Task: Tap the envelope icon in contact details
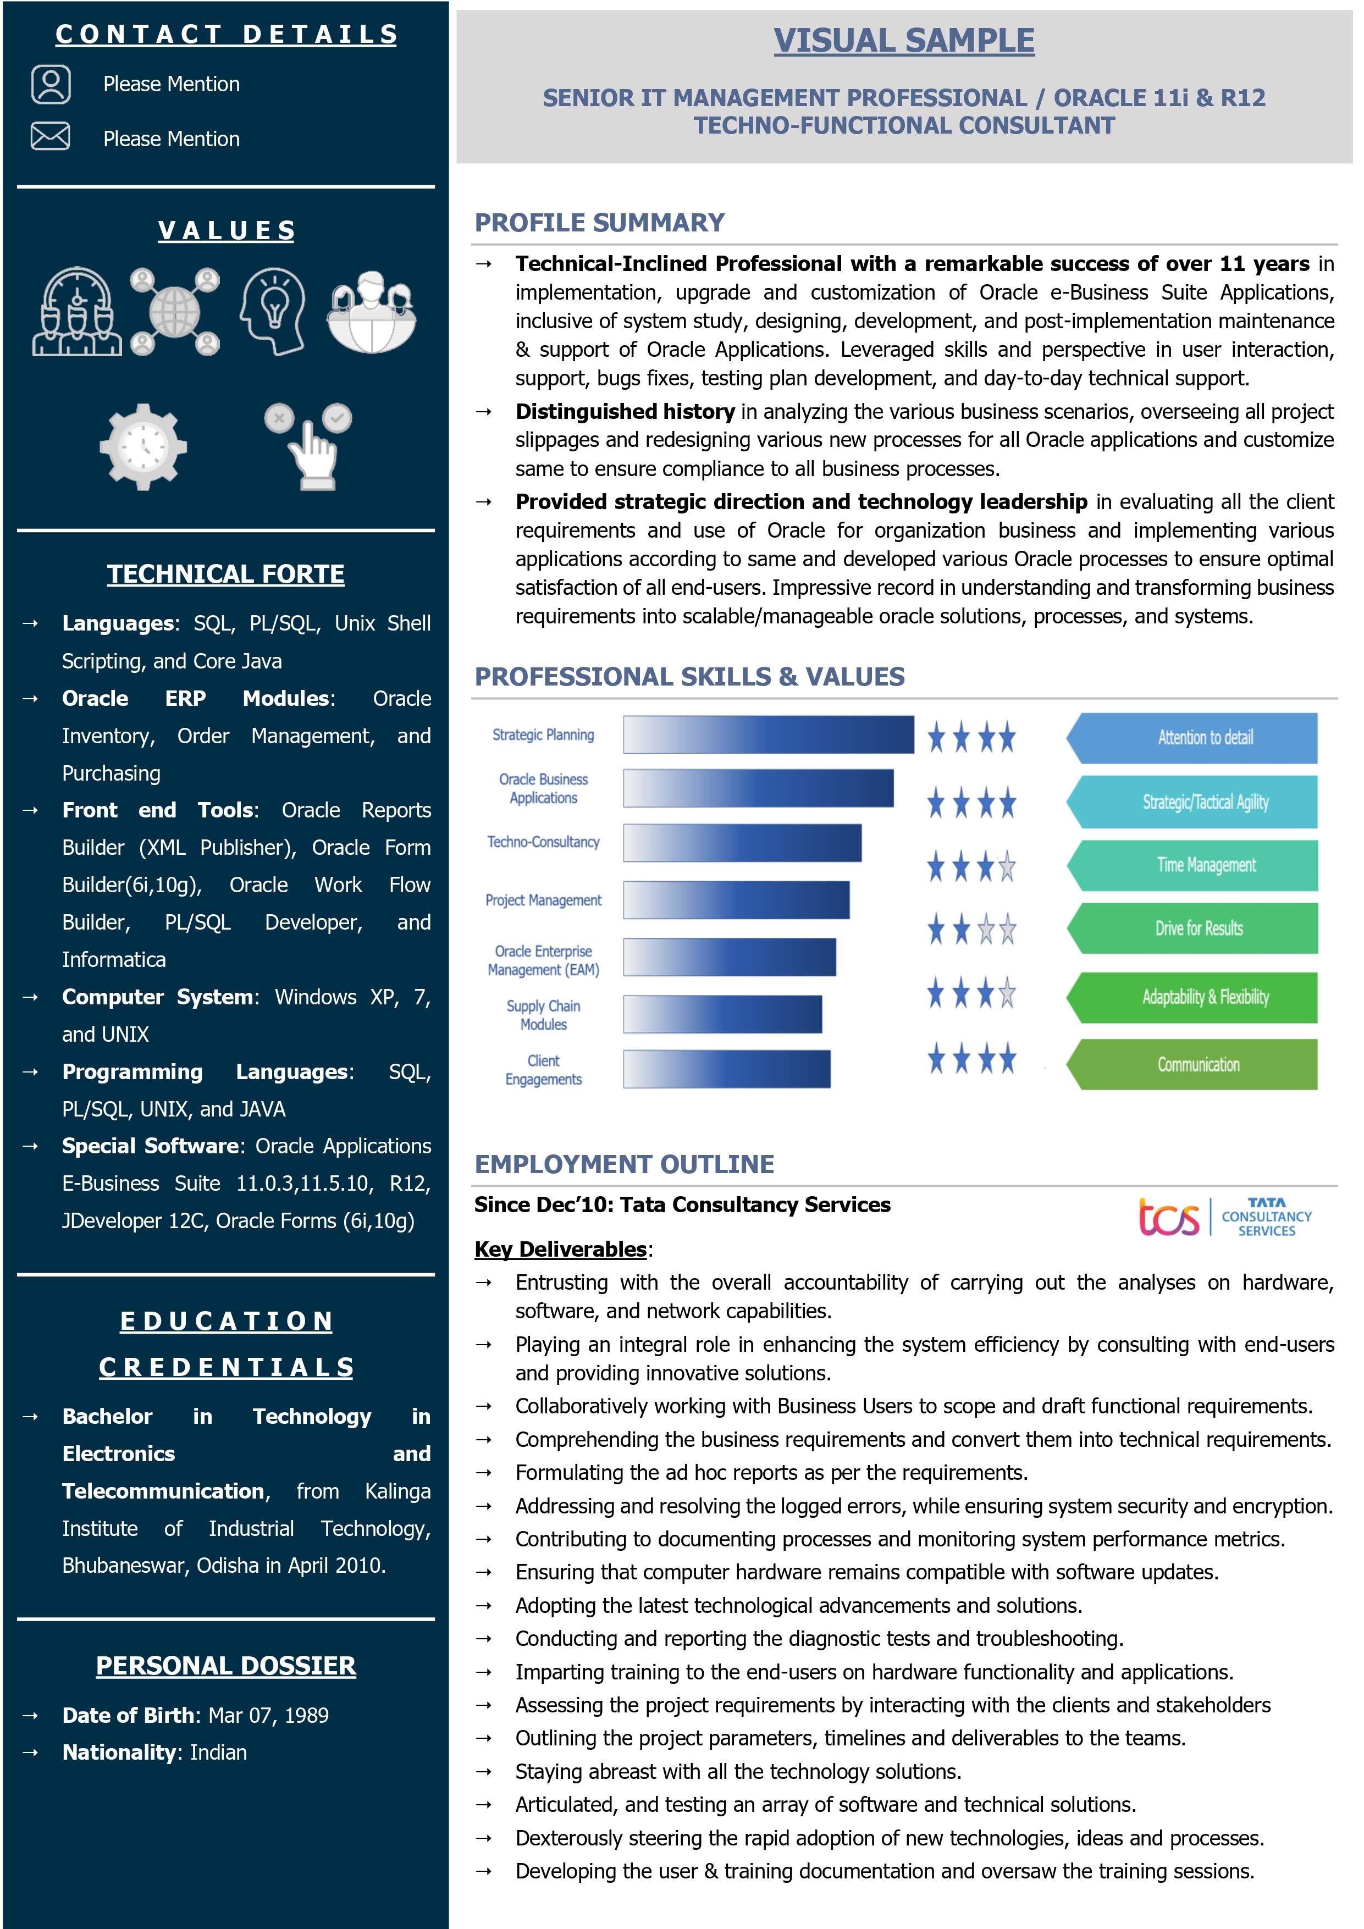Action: [x=51, y=136]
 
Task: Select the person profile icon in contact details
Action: [x=51, y=84]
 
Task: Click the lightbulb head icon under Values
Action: [x=272, y=311]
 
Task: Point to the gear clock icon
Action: [x=143, y=446]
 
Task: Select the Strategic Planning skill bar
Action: [x=767, y=734]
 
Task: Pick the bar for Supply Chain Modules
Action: [x=722, y=1014]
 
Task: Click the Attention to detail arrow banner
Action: [x=1194, y=738]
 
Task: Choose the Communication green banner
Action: [x=1194, y=1064]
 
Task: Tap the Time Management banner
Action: [x=1194, y=865]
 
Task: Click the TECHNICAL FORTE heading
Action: [x=225, y=574]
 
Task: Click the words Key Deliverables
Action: [x=561, y=1250]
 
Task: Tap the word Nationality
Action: [x=119, y=1753]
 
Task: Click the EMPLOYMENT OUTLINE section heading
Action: [x=625, y=1164]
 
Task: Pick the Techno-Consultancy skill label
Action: [x=543, y=842]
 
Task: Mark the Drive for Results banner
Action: [x=1194, y=928]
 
